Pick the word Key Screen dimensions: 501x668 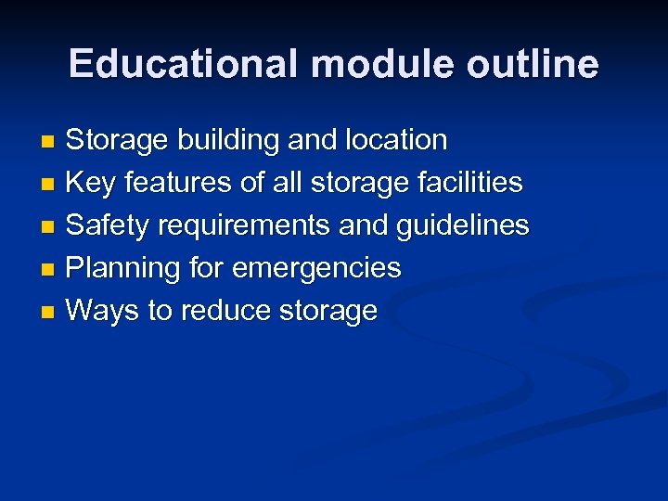[x=90, y=183]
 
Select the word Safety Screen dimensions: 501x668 [x=107, y=225]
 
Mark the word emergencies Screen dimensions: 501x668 [x=316, y=268]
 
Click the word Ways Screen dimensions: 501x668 [x=103, y=311]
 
